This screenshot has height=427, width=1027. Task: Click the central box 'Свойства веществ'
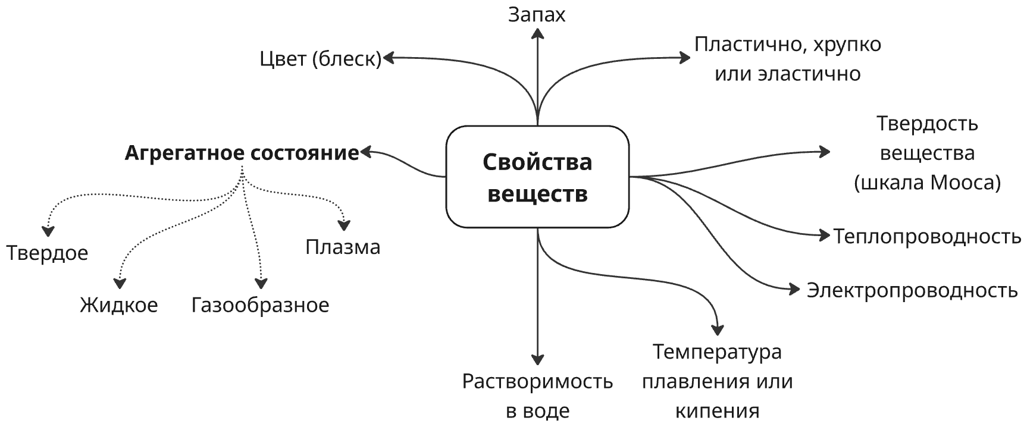coord(537,177)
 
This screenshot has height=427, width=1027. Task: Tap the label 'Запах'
coord(537,15)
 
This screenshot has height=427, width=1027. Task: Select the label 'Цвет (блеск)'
coord(320,59)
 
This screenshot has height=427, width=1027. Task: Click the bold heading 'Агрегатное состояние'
coord(242,153)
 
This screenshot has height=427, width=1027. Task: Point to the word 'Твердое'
coord(47,253)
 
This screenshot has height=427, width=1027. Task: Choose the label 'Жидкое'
coord(119,305)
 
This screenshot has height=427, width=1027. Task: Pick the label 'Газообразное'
coord(260,305)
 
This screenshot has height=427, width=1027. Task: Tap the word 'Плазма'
coord(343,247)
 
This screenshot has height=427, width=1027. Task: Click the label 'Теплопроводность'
coord(927,236)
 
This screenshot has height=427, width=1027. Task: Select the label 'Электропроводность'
coord(912,290)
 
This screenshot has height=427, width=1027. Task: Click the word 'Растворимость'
coord(537,381)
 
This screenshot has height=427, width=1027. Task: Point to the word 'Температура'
coord(717,351)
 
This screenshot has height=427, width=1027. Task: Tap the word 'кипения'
coord(717,411)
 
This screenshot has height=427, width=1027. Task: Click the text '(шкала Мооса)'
coord(927,183)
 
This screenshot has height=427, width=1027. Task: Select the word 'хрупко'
coord(847,45)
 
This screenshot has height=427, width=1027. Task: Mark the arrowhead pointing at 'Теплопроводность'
coord(824,236)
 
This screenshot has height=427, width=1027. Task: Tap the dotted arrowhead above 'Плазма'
coord(344,225)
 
